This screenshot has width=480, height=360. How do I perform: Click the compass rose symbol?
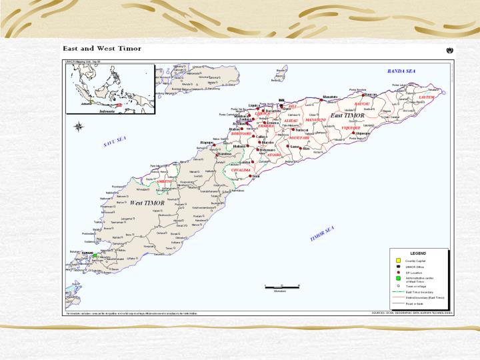tap(78, 126)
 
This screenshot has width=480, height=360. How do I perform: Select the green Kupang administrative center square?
tap(95, 255)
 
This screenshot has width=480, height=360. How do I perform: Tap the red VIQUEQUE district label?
tap(351, 127)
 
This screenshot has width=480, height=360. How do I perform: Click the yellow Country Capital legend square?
tap(394, 259)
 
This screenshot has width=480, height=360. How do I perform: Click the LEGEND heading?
tap(417, 253)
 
